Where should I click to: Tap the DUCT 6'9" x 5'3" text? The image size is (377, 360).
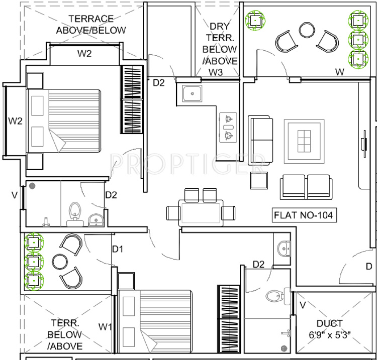pyautogui.click(x=330, y=329)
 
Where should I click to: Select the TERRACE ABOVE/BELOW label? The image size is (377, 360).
pyautogui.click(x=91, y=25)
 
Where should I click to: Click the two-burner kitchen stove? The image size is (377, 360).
pyautogui.click(x=229, y=127)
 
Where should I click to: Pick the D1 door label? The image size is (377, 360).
pyautogui.click(x=118, y=249)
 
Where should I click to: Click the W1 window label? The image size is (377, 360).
pyautogui.click(x=105, y=327)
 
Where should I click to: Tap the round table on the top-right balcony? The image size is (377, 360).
pyautogui.click(x=307, y=30)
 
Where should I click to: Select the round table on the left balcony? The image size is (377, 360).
pyautogui.click(x=59, y=262)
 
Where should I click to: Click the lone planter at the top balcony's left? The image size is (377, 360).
pyautogui.click(x=254, y=20)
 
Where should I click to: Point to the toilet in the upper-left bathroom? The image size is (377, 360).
pyautogui.click(x=75, y=211)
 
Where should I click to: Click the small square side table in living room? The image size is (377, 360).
pyautogui.click(x=259, y=180)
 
